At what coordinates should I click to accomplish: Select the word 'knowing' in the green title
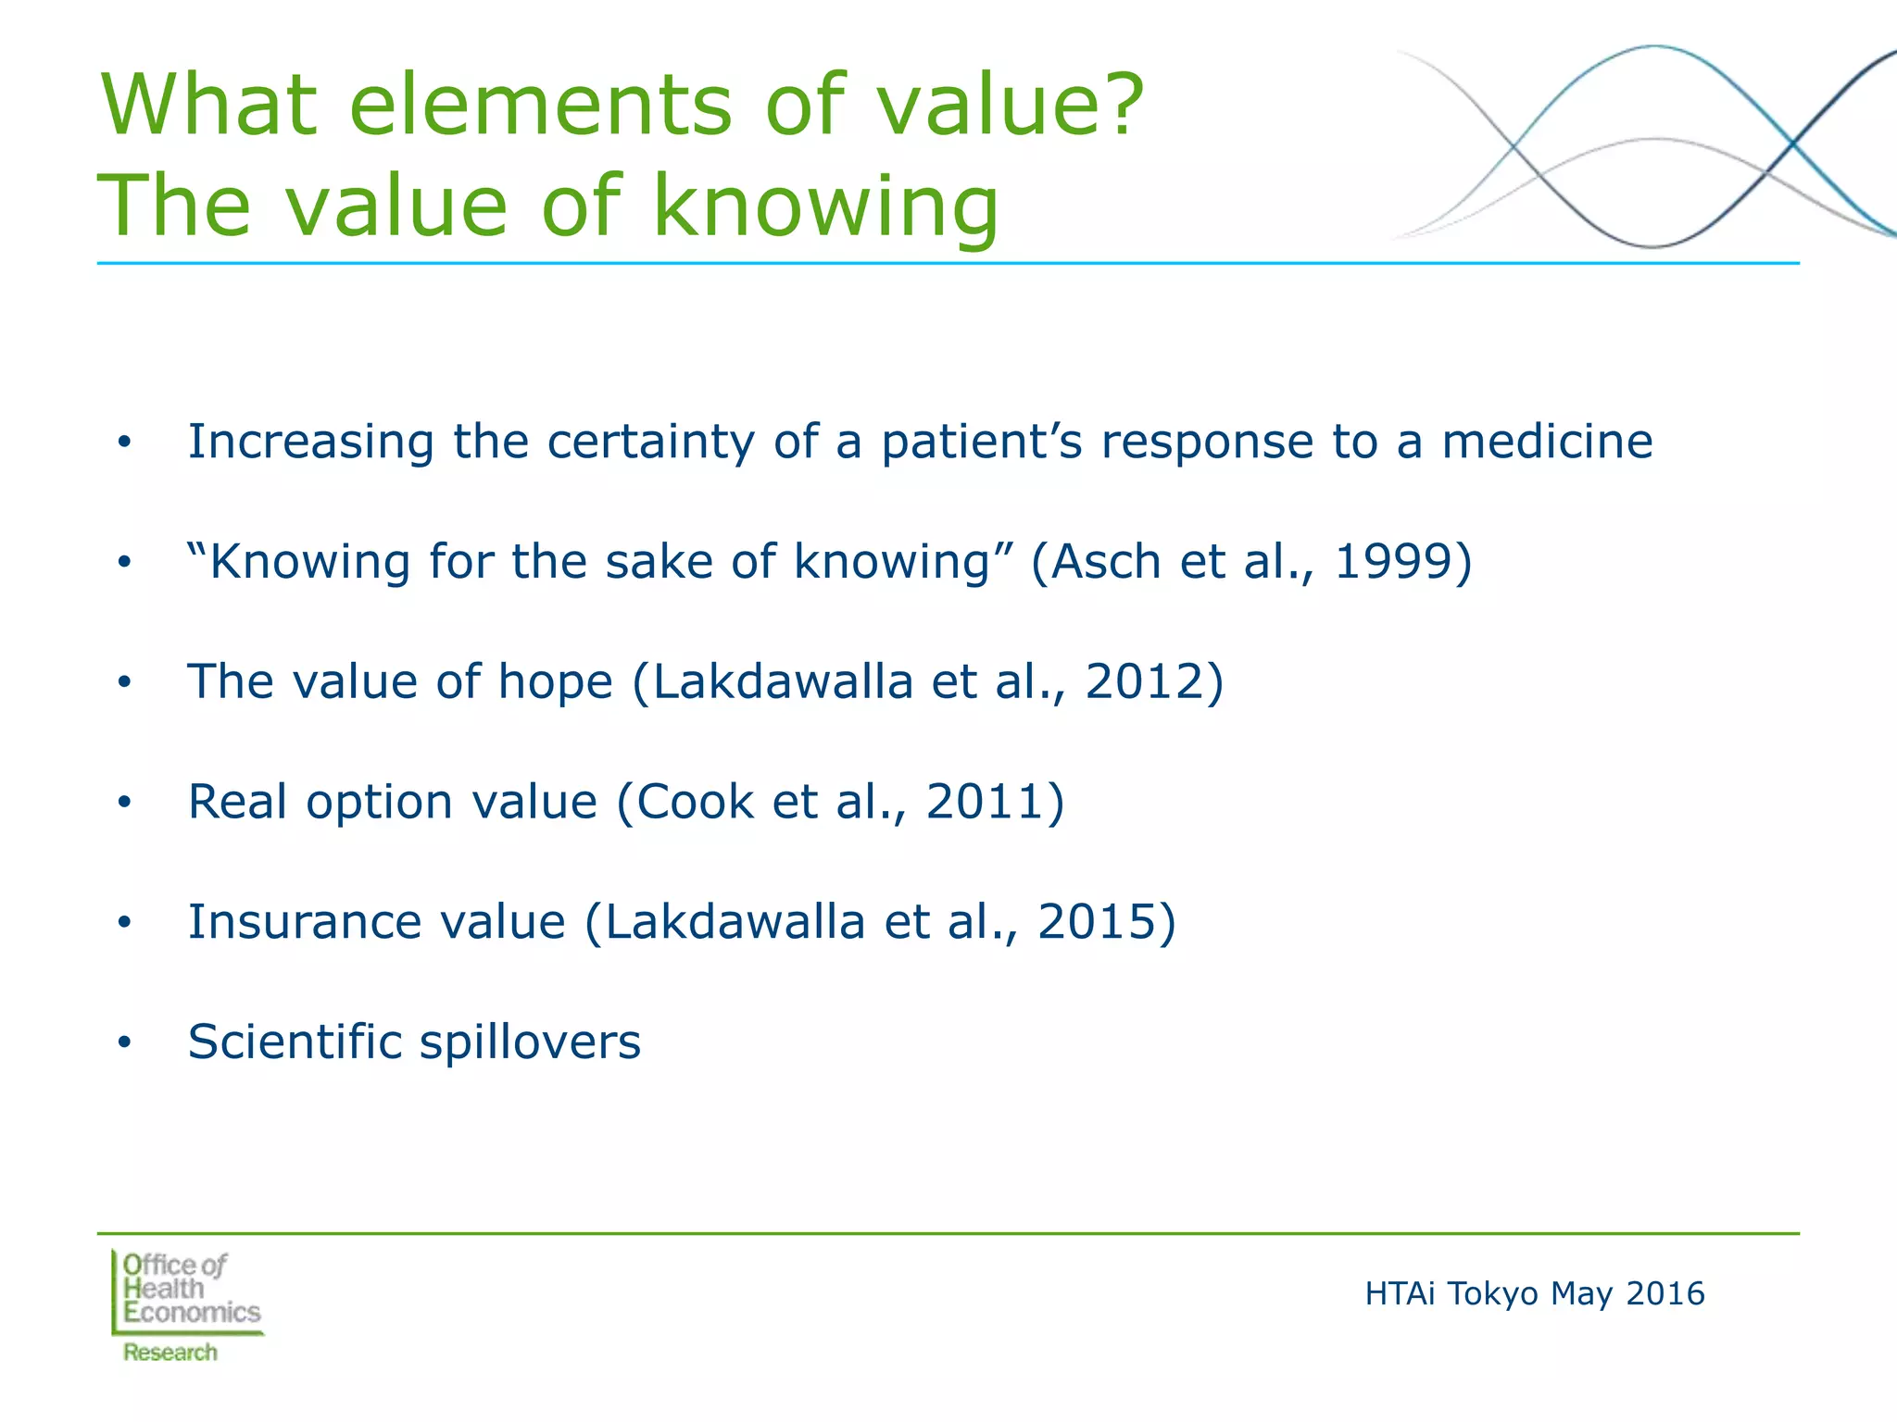(825, 208)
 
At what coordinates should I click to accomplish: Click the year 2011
(986, 802)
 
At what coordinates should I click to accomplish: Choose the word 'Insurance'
(304, 922)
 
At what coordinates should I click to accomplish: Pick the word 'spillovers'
(530, 1043)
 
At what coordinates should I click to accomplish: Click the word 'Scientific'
(294, 1042)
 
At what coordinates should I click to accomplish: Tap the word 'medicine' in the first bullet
(1547, 442)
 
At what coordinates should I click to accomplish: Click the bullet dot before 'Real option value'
(125, 803)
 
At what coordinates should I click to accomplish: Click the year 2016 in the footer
(1665, 1293)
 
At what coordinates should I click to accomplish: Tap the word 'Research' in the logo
(170, 1353)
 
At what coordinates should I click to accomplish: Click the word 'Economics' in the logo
(193, 1313)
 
